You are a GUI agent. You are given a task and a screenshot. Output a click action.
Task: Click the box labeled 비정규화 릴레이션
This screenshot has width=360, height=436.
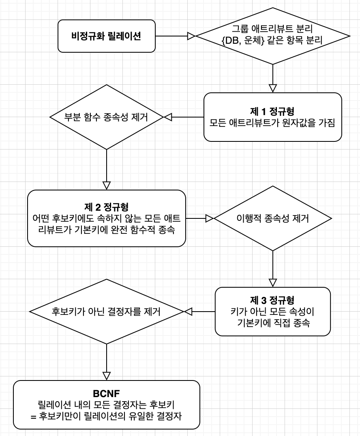tap(107, 36)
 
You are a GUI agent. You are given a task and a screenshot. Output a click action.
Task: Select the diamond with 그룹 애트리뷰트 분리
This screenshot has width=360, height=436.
tap(272, 36)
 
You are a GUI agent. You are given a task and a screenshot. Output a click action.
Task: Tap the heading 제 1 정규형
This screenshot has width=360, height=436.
tap(272, 111)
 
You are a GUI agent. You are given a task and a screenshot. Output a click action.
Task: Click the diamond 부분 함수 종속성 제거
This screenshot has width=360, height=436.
tap(107, 117)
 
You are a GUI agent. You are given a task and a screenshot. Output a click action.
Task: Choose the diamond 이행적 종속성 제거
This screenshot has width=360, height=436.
tap(272, 218)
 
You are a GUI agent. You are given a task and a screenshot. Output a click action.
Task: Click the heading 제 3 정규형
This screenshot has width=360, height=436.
tap(272, 300)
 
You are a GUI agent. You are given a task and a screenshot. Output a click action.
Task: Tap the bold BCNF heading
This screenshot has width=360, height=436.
tap(107, 393)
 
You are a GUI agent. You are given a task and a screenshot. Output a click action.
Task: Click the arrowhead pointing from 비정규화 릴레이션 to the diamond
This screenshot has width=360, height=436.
tap(191, 36)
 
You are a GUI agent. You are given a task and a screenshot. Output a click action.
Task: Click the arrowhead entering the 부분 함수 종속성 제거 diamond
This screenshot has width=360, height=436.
tap(168, 117)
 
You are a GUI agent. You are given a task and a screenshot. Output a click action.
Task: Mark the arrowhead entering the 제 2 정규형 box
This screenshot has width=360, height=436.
tap(107, 186)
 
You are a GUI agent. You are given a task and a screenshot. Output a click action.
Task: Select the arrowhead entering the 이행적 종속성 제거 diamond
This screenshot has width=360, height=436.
tap(210, 218)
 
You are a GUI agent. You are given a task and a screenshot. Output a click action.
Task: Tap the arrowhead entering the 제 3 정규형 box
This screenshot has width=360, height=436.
tap(272, 283)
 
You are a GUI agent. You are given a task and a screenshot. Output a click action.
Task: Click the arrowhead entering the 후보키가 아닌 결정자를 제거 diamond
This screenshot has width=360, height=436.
tap(189, 312)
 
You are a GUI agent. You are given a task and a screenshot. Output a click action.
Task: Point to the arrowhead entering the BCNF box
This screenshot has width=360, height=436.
tap(107, 376)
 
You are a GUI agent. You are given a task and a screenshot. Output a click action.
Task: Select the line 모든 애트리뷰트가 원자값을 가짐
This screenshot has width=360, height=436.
tap(272, 123)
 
